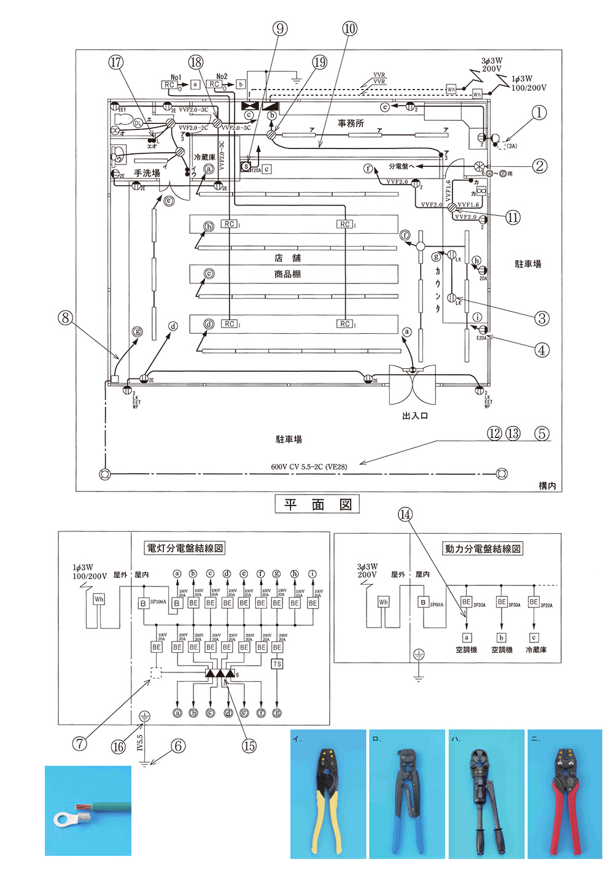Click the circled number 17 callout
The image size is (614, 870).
(x=115, y=62)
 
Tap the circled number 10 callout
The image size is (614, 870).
(x=349, y=28)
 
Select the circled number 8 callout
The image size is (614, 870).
(x=65, y=318)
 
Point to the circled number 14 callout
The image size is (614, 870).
(x=405, y=515)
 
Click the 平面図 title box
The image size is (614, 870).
(x=317, y=504)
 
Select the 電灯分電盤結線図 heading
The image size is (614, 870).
(x=184, y=548)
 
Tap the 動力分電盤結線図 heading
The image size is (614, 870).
(x=482, y=549)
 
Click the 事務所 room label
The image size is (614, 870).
(x=351, y=123)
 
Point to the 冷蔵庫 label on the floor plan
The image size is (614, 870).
(x=204, y=158)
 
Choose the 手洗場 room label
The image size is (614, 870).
(x=147, y=174)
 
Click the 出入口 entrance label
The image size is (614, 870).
(x=415, y=416)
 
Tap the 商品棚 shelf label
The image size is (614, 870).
(x=287, y=274)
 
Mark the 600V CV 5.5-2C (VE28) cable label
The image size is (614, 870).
(x=309, y=467)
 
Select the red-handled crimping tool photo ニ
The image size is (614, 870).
(x=564, y=795)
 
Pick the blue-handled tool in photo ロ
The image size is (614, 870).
(x=406, y=795)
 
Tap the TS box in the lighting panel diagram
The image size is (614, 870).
(x=277, y=664)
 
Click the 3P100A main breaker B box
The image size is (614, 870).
(x=143, y=604)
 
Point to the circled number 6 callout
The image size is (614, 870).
(x=178, y=746)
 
